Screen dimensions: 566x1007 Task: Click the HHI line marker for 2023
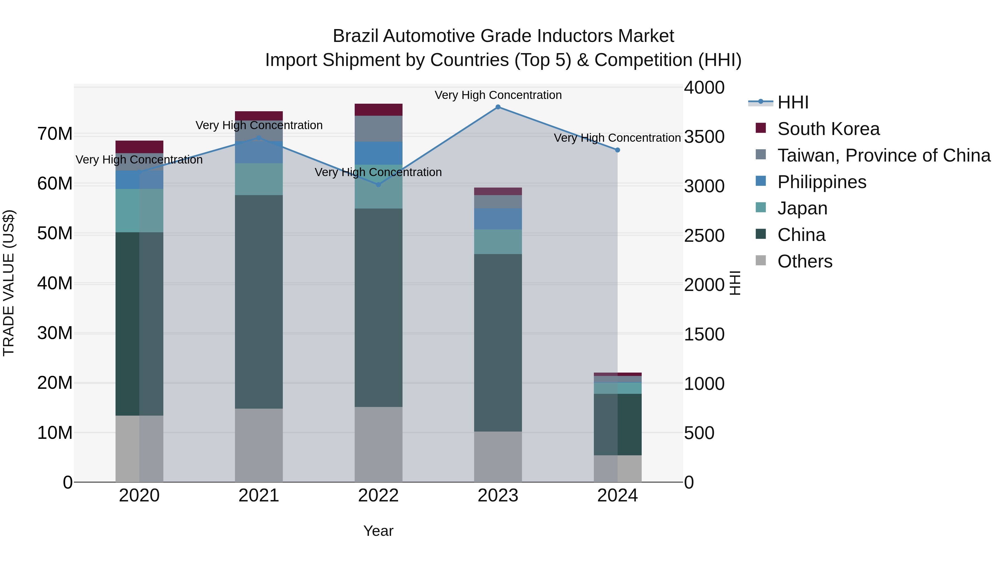498,107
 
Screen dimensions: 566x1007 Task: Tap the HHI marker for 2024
617,150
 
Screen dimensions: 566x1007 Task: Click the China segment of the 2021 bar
258,302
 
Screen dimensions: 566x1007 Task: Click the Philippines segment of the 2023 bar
498,219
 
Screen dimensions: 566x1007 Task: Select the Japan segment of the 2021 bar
258,179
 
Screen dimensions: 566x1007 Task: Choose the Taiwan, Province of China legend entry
883,155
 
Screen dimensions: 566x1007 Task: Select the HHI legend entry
792,102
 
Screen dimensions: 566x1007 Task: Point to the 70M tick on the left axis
55,134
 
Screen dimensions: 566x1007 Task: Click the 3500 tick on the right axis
704,137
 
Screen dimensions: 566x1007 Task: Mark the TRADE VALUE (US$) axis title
9,283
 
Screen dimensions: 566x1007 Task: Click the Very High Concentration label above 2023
498,95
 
